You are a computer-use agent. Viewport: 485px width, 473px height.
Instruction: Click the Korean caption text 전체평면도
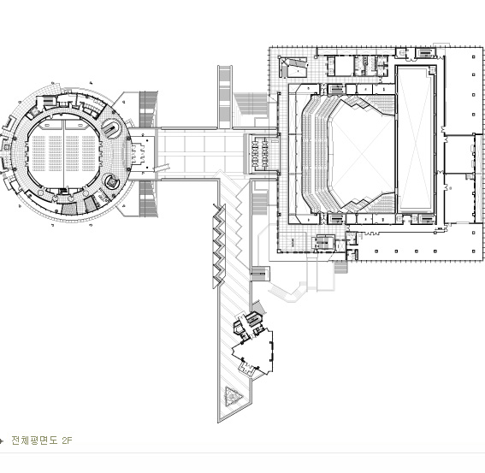tap(34, 440)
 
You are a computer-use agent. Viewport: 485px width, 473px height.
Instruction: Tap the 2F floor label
tap(67, 440)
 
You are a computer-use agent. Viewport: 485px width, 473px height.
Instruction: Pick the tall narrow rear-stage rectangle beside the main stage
tap(416, 138)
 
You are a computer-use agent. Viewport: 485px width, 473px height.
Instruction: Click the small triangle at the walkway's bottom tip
tap(233, 395)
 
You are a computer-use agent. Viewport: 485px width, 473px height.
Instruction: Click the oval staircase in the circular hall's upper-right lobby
tap(112, 128)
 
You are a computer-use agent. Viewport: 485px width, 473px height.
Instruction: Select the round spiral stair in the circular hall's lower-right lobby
tap(111, 181)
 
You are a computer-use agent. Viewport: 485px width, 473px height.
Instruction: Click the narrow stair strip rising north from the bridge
tap(225, 97)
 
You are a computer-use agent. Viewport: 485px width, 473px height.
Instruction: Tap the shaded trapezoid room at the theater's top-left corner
tap(293, 67)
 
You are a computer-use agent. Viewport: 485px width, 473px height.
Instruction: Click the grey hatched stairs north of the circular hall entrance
tap(148, 109)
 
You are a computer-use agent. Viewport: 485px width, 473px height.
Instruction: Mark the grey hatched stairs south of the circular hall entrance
tap(148, 198)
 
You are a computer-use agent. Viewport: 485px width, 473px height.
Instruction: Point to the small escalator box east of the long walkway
tap(259, 273)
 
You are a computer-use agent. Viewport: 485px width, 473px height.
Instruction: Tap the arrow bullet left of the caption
tap(2, 440)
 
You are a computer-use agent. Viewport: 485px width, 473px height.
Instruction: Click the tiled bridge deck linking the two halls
tap(201, 154)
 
